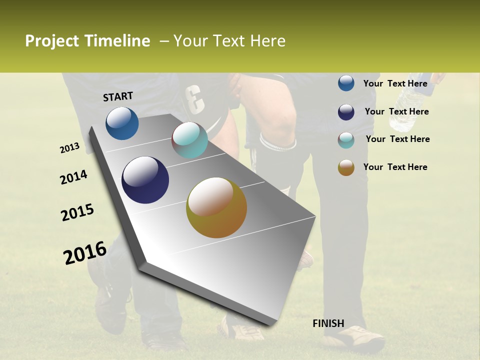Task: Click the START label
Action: click(118, 96)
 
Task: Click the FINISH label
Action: click(328, 323)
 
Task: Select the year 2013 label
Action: click(70, 148)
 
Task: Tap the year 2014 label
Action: click(74, 177)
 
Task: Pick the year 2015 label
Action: click(77, 212)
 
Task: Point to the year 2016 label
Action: click(85, 253)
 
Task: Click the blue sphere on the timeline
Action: click(122, 123)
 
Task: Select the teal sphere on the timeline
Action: click(189, 140)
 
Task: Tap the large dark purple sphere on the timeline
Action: click(145, 180)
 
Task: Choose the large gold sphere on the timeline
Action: click(216, 207)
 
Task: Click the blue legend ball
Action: click(346, 83)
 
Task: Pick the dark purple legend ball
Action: click(346, 112)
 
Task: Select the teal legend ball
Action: click(346, 140)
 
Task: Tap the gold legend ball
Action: click(346, 167)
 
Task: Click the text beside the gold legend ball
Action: click(395, 167)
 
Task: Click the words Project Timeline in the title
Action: click(87, 41)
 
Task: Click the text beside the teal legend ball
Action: click(397, 139)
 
